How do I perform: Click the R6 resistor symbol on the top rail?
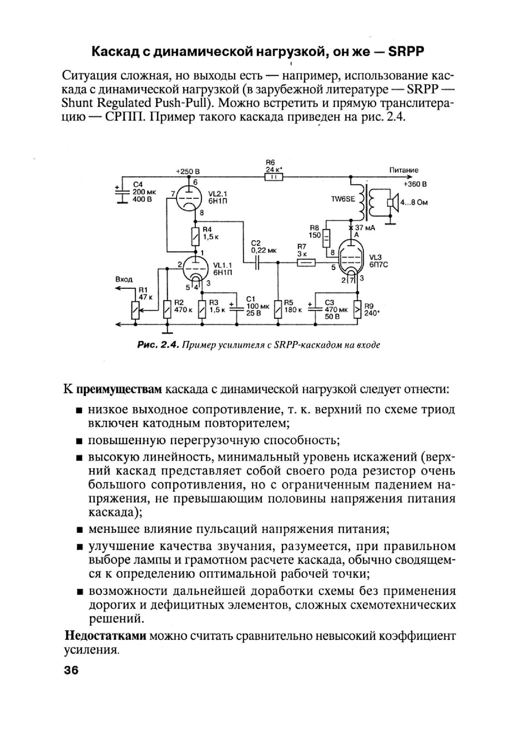point(273,177)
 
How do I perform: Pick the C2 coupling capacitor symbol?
point(257,262)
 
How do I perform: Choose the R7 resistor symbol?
point(306,262)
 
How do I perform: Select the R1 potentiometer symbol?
point(135,310)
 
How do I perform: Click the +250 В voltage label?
point(188,171)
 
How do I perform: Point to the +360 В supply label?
point(415,185)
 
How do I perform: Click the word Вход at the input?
point(124,279)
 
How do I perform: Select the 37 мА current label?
point(365,228)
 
